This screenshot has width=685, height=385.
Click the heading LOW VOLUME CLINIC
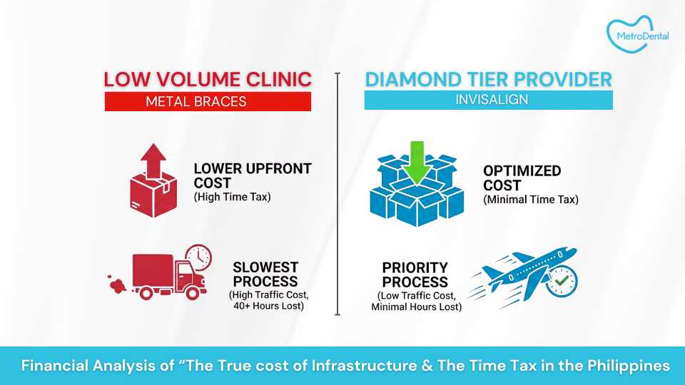[x=208, y=79]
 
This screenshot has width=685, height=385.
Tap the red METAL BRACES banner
[x=208, y=101]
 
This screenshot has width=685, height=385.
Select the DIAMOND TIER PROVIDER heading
[x=488, y=79]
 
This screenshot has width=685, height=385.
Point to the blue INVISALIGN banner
[x=488, y=101]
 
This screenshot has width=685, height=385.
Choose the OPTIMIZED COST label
[x=522, y=178]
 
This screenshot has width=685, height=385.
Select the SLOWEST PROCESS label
[x=265, y=274]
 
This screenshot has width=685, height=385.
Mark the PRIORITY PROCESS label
[x=415, y=274]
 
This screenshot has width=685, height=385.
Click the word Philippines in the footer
[x=629, y=366]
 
